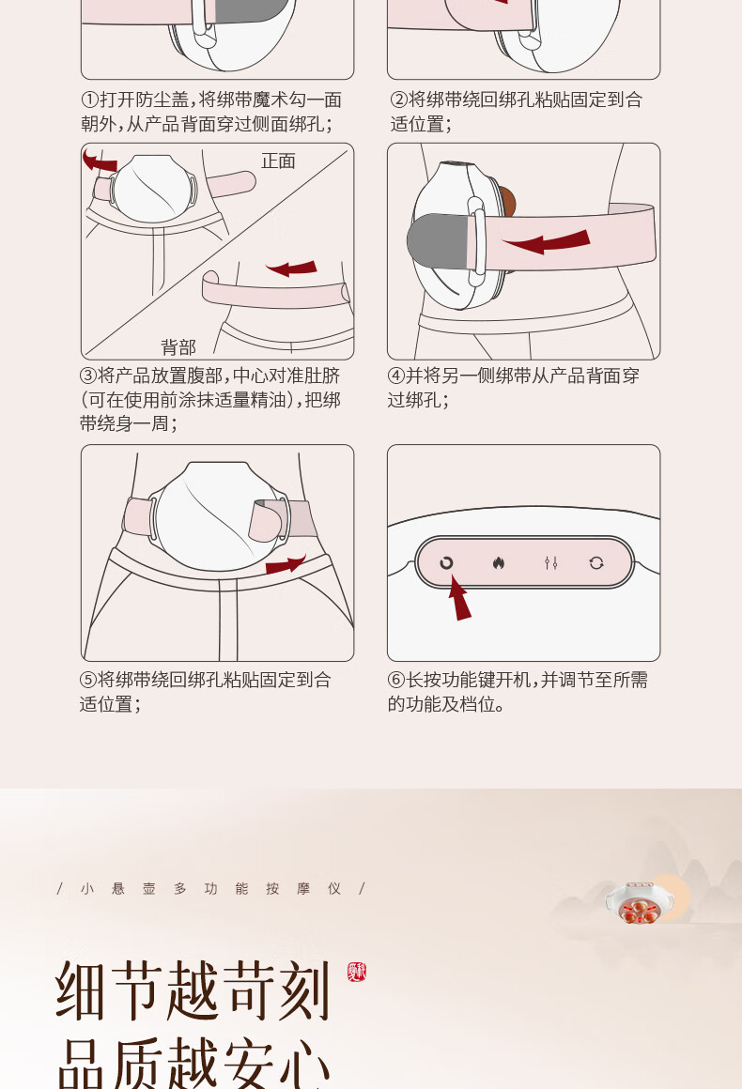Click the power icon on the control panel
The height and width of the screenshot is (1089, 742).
click(x=446, y=562)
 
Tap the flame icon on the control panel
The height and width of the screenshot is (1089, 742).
click(x=498, y=562)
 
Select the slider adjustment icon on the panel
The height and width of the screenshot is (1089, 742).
click(x=551, y=562)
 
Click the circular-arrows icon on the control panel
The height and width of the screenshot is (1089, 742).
click(x=596, y=562)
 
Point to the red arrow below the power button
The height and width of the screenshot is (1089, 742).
click(x=459, y=599)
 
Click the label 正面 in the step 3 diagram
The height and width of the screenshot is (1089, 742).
click(x=278, y=161)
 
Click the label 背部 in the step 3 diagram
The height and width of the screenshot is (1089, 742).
click(x=178, y=346)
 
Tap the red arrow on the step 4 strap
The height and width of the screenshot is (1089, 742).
click(x=547, y=241)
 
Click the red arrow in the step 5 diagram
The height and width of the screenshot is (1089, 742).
click(x=285, y=564)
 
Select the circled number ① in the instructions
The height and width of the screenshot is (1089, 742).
click(x=89, y=100)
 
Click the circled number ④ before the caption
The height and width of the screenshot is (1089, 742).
click(x=396, y=376)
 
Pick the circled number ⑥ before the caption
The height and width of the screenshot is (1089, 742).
click(x=396, y=680)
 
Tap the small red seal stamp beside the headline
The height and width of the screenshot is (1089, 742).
click(x=356, y=972)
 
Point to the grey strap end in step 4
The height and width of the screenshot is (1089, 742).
click(x=438, y=241)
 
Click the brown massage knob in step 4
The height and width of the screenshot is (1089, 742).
click(x=508, y=202)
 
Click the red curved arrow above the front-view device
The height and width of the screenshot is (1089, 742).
click(x=100, y=161)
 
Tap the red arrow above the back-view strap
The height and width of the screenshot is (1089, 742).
click(x=292, y=268)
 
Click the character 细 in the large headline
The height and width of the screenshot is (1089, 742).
click(x=82, y=991)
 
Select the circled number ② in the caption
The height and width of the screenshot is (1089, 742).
click(x=398, y=100)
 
